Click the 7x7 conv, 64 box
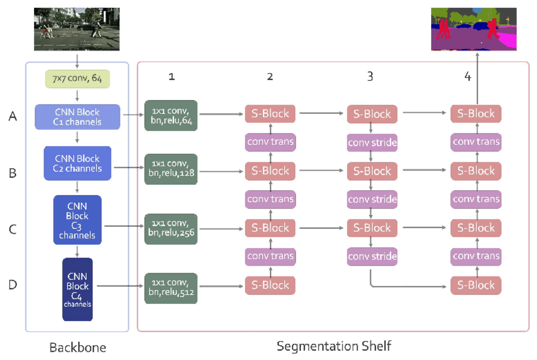(77, 79)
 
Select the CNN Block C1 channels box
(77, 117)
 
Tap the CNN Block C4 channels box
(77, 289)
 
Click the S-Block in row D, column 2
(270, 285)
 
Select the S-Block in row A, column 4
(476, 113)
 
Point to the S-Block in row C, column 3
(372, 228)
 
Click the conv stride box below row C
(372, 256)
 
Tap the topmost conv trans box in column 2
(270, 142)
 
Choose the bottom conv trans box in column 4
(476, 256)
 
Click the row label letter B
(13, 173)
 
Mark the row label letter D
(13, 285)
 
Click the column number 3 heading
(370, 76)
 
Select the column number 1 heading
(171, 77)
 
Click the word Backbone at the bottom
(77, 348)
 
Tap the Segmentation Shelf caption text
(334, 346)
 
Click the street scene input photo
(77, 29)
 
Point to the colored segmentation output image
(473, 29)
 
